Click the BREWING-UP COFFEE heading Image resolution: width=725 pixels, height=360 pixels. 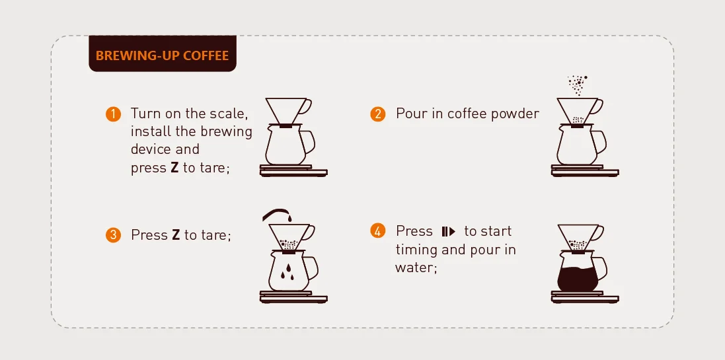point(162,55)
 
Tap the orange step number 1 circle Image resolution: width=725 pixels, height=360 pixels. point(114,114)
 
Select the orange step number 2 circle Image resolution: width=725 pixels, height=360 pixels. point(377,114)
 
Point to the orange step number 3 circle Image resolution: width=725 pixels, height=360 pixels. point(114,235)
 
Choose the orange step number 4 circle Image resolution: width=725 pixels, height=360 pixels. point(377,231)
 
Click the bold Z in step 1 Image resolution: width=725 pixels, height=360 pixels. point(174,168)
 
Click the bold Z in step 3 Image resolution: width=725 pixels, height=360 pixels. point(176,235)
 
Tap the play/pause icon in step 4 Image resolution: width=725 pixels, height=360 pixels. point(449,231)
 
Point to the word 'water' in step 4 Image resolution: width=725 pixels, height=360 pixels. point(415,268)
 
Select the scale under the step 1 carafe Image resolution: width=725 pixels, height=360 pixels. point(293,171)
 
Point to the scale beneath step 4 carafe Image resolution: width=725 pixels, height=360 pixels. point(584,297)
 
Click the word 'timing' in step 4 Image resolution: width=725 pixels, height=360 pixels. point(416,250)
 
